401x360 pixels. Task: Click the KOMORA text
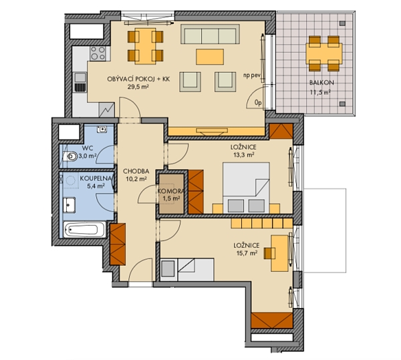pyautogui.click(x=171, y=192)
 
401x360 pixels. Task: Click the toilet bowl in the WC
pyautogui.click(x=70, y=158)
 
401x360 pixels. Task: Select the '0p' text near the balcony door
pyautogui.click(x=258, y=102)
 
